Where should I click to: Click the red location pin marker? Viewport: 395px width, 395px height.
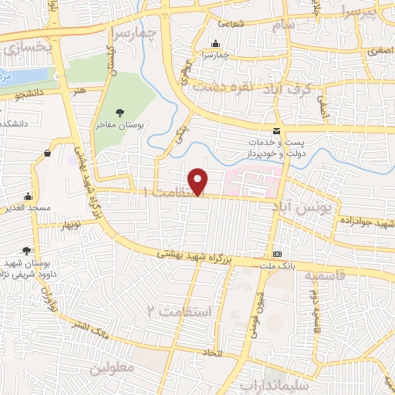pos(199,181)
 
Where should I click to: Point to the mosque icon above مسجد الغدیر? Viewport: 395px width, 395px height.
pos(29,196)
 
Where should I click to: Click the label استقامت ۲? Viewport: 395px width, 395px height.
pos(173,311)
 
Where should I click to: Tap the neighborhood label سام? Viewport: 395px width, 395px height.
pos(282,25)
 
